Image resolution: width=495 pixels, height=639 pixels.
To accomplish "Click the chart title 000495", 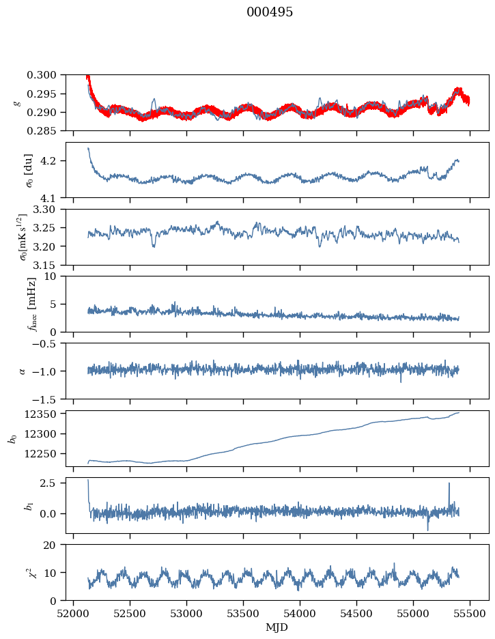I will pos(270,12).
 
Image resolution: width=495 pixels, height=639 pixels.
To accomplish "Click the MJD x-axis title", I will pos(277,627).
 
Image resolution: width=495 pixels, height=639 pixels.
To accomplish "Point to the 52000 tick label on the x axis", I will pos(74,613).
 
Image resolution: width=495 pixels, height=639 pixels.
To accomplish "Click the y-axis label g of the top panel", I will pos(16,102).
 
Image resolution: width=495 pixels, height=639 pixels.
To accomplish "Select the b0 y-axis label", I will pos(12,438).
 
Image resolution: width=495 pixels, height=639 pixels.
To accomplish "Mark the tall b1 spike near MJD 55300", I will pos(449,483).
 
